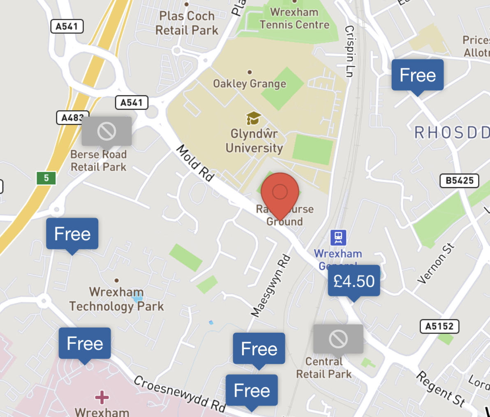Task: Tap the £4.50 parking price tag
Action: tap(354, 281)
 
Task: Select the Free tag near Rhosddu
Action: tap(417, 75)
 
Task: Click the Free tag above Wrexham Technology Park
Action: tap(72, 234)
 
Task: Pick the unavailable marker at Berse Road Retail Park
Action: tap(106, 131)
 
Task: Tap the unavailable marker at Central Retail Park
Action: tap(338, 339)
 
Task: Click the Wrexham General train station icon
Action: tap(338, 237)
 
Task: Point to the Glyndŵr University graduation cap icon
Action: tap(253, 118)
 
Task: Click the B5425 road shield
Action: tap(460, 181)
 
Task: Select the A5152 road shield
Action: tap(439, 327)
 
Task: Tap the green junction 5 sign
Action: tap(46, 178)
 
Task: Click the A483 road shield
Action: tap(71, 118)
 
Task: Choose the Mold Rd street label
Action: tap(196, 163)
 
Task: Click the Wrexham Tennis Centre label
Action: tap(294, 19)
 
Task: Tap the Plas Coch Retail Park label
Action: tap(187, 23)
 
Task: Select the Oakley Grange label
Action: tap(250, 84)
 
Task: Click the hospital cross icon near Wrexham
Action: tap(102, 397)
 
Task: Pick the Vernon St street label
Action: tap(436, 264)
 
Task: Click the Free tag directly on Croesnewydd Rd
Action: tap(252, 390)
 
